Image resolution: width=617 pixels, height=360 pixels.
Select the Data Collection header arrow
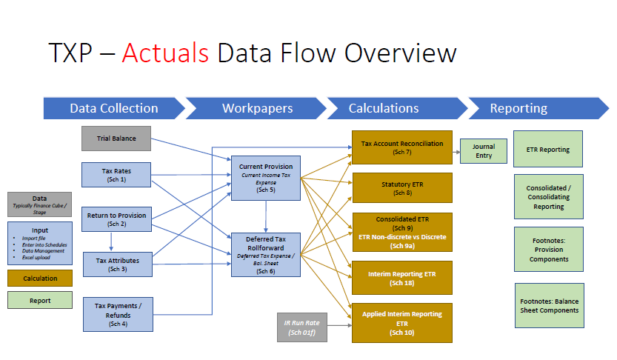pos(113,108)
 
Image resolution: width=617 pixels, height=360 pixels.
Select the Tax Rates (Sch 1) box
pos(117,175)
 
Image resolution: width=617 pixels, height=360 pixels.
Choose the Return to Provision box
pos(117,219)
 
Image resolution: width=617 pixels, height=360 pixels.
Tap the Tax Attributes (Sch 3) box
pos(117,264)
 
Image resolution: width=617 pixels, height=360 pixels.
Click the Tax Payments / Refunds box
pos(117,313)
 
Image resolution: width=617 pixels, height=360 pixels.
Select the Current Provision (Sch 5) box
pos(266,179)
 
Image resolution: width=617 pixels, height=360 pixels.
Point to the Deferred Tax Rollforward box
pos(266,256)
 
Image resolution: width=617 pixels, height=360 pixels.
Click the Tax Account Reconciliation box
pos(401,148)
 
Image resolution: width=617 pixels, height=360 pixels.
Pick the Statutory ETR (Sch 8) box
pos(401,188)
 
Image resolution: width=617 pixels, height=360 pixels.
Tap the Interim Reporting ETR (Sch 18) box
pos(401,279)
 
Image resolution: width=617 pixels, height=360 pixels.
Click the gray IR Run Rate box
pos(301,328)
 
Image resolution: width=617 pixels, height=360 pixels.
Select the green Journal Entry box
pos(483,151)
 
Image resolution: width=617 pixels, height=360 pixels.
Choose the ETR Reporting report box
pos(548,150)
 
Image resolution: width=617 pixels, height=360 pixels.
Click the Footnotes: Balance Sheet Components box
pos(548,305)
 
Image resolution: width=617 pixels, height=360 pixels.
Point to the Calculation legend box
pos(40,279)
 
